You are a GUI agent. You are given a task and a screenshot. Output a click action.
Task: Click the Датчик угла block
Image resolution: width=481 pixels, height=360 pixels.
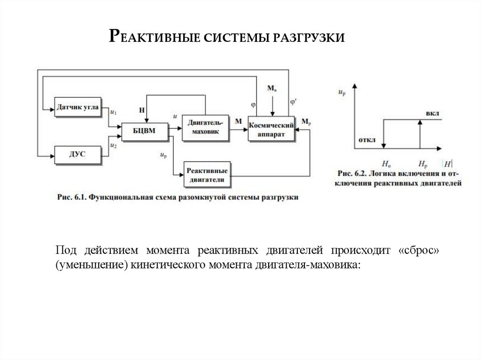[x=78, y=107]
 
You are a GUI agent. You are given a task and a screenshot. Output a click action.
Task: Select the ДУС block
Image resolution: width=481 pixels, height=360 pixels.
[x=78, y=154]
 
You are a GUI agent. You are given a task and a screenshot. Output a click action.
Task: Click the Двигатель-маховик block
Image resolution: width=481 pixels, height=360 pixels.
[x=206, y=127]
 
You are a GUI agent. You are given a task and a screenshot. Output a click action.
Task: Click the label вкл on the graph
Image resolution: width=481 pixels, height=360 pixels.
[x=433, y=114]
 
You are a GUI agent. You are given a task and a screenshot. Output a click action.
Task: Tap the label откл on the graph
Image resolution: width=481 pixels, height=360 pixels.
[x=367, y=140]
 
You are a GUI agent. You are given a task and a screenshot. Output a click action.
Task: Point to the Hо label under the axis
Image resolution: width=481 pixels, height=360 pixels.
[x=386, y=164]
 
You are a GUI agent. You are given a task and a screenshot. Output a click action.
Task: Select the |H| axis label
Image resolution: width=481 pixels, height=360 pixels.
[x=448, y=164]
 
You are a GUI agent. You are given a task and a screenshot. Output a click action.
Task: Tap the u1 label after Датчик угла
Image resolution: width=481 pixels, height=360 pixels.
[x=113, y=112]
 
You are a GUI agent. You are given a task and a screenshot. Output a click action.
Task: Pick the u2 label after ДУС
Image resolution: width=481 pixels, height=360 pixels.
[x=113, y=146]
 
